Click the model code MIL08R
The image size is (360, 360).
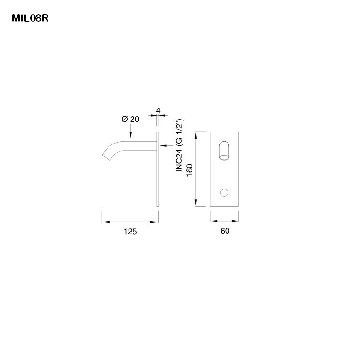pyautogui.click(x=30, y=19)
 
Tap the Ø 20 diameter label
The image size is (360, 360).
pyautogui.click(x=131, y=119)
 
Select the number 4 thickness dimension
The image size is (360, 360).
pyautogui.click(x=158, y=110)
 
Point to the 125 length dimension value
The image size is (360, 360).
pyautogui.click(x=130, y=232)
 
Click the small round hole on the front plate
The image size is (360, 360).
pyautogui.click(x=224, y=192)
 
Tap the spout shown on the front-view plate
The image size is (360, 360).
pyautogui.click(x=224, y=150)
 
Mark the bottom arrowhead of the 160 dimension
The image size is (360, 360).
pyautogui.click(x=196, y=204)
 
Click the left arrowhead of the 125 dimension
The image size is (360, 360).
pyautogui.click(x=105, y=222)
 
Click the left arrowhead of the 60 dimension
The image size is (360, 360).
pyautogui.click(x=213, y=222)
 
